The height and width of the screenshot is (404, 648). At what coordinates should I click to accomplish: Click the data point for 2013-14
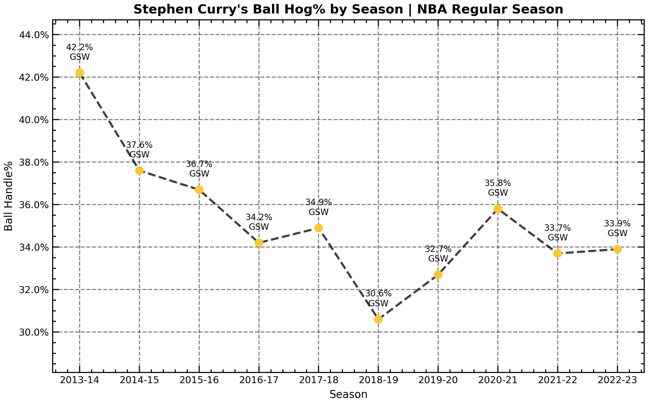80,73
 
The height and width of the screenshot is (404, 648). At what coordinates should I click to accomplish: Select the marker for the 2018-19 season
378,319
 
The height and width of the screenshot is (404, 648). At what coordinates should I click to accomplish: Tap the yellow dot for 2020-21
498,209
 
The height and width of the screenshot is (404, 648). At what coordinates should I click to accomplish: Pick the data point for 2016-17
259,243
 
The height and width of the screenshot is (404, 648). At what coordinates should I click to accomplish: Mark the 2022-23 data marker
617,249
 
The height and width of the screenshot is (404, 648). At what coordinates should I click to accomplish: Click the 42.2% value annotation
79,48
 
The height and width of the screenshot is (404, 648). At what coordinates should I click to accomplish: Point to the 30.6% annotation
378,294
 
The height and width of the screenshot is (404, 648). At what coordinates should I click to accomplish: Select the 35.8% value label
498,183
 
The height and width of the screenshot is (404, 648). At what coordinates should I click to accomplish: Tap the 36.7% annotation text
199,164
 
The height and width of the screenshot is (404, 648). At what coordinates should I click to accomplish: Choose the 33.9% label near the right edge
617,224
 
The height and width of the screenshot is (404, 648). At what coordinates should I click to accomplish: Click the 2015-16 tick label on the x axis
199,381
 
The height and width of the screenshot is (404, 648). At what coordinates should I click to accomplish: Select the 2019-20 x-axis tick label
438,381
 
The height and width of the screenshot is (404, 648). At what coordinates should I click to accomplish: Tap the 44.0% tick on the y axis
34,35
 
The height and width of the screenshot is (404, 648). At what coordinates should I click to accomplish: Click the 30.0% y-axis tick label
34,333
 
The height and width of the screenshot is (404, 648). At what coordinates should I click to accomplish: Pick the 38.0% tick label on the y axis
34,163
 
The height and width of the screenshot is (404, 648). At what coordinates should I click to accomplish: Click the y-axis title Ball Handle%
9,196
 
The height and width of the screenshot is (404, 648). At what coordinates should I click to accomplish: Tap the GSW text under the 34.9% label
319,212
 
